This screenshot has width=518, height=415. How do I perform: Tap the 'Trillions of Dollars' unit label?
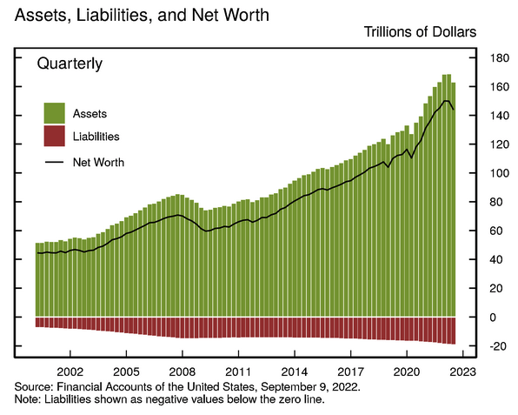coord(416,33)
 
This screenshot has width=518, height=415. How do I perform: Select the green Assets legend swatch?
coord(55,113)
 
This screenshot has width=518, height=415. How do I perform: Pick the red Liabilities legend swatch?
coord(55,137)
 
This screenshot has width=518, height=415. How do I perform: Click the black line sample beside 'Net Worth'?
coord(55,162)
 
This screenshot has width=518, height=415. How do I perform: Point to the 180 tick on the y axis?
coord(499,58)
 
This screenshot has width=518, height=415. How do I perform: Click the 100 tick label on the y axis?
coord(499,173)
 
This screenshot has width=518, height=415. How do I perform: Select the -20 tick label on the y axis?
coord(497,346)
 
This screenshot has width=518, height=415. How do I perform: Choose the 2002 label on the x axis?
coord(70,370)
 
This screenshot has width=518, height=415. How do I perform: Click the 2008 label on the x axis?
coord(182,370)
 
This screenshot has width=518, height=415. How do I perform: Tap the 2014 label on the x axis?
coord(295,370)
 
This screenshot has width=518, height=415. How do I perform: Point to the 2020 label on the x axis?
coord(407,370)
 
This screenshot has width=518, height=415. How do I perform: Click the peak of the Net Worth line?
coord(447,101)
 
